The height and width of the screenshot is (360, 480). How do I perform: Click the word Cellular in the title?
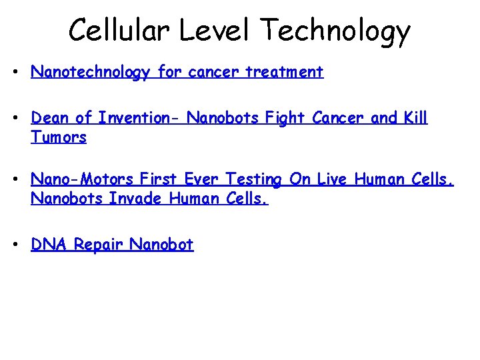[111, 30]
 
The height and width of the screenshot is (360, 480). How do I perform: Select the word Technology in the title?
[335, 31]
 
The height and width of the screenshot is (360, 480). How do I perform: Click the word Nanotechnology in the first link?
[90, 73]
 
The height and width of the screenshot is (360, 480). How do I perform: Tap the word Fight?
[286, 118]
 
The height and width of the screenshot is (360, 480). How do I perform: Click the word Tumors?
[59, 137]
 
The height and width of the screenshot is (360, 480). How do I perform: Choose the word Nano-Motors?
[83, 179]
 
